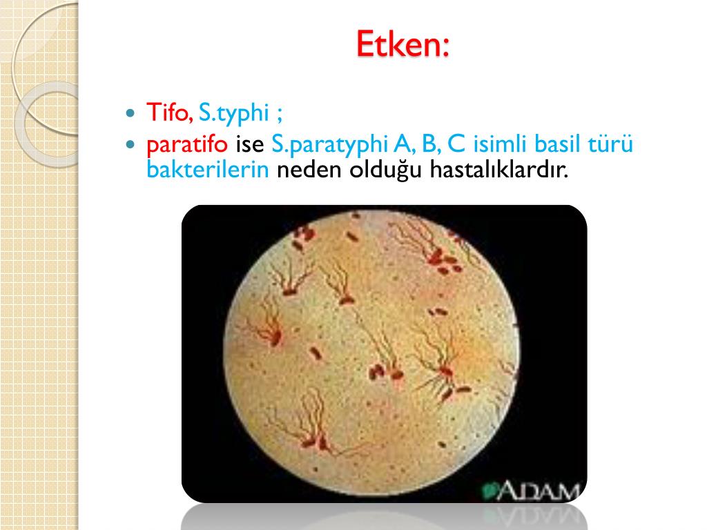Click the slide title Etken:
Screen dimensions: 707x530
click(x=403, y=43)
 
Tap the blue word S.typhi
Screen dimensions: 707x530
click(x=233, y=113)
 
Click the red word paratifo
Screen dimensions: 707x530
click(x=187, y=145)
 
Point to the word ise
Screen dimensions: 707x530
click(x=250, y=144)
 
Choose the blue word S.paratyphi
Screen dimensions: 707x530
click(x=329, y=145)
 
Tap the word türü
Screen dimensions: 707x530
click(x=611, y=144)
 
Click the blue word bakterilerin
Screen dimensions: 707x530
click(x=208, y=170)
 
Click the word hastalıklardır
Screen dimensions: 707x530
click(x=498, y=170)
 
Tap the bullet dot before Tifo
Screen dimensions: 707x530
click(x=130, y=112)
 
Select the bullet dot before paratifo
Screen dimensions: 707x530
click(x=130, y=144)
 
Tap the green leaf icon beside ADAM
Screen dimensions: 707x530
click(x=488, y=491)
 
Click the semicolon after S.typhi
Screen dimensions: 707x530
click(x=280, y=115)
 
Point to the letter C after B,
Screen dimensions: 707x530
click(x=456, y=144)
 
